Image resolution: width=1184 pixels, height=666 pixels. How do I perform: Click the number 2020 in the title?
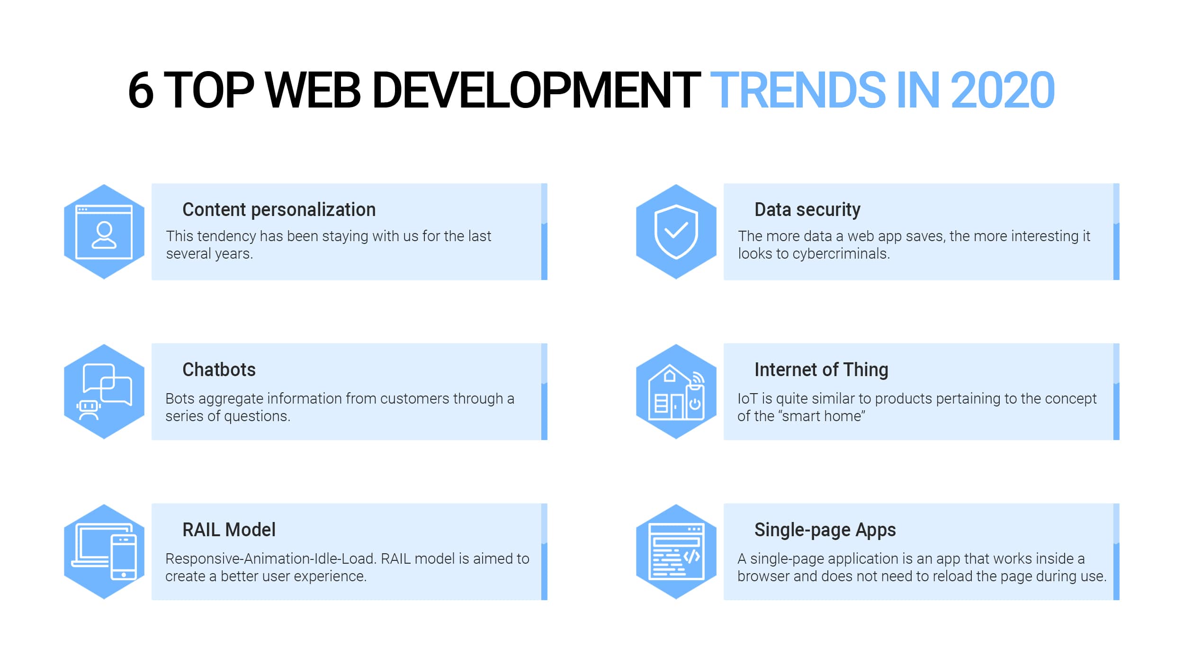(1003, 90)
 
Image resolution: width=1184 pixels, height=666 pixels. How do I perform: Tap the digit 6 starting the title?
(141, 90)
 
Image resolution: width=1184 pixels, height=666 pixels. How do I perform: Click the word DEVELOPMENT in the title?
(537, 90)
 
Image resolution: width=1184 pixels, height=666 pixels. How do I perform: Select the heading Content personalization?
(279, 209)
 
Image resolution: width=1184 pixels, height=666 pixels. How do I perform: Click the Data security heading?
(807, 209)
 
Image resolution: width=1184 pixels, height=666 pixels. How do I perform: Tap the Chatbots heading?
(219, 369)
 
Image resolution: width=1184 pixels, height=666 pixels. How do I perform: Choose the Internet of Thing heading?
(821, 369)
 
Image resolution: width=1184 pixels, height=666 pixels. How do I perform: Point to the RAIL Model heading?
(229, 530)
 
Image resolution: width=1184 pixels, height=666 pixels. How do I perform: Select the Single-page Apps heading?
(825, 530)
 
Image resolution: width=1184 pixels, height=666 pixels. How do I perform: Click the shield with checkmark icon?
(676, 232)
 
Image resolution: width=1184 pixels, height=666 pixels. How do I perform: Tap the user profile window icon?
(104, 232)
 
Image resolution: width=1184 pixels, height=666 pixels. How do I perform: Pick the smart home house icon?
(668, 392)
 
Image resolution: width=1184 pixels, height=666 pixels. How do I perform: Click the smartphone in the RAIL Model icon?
(124, 557)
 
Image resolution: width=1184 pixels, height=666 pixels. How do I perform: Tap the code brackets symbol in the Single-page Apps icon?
(692, 556)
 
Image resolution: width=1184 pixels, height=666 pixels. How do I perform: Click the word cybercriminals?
(842, 254)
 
